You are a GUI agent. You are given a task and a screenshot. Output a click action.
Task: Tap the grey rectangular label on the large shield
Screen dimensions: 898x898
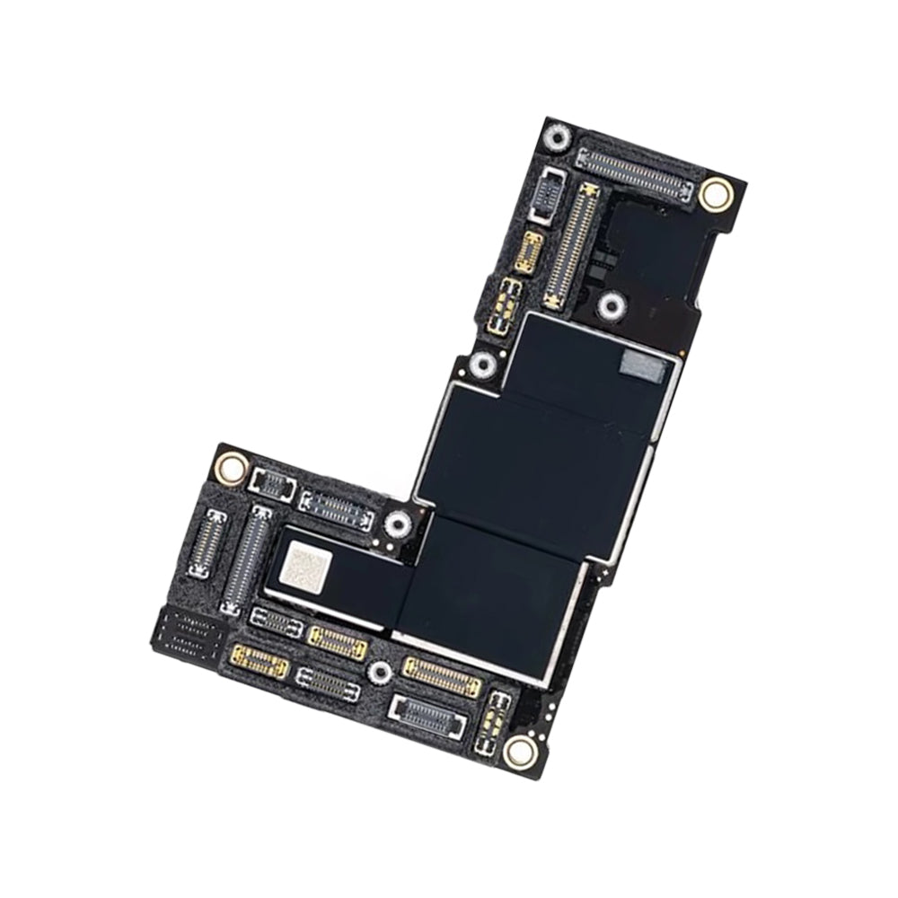[x=644, y=364]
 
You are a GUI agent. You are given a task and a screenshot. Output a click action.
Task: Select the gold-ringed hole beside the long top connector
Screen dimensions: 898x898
[x=715, y=193]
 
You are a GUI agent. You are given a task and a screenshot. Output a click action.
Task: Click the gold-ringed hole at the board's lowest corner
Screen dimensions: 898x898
[x=519, y=751]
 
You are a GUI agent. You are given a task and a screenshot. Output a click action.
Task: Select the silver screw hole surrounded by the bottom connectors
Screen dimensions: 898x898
[x=380, y=670]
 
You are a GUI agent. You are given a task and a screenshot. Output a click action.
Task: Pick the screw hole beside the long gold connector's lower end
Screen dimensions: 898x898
[x=612, y=307]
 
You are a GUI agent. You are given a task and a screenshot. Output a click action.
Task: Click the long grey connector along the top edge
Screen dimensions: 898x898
[x=635, y=174]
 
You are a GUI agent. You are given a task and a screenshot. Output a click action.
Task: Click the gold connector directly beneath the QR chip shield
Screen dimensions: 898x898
[x=338, y=640]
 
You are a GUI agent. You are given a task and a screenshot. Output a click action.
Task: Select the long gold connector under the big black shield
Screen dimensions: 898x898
[x=441, y=675]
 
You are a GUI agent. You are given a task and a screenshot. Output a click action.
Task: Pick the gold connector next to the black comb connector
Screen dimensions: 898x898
[x=260, y=662]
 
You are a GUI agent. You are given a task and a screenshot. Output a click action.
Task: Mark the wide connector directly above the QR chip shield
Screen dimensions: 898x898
[x=337, y=511]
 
